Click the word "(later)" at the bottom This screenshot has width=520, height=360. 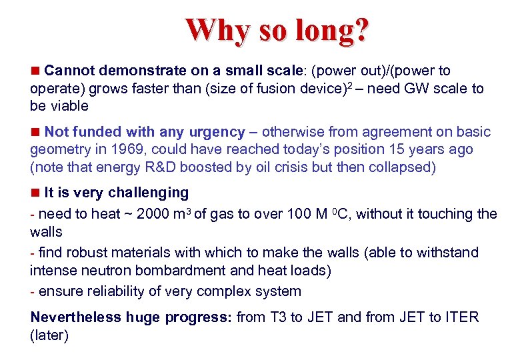(49, 335)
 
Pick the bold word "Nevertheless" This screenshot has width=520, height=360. (75, 317)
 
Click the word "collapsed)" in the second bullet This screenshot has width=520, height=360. (404, 167)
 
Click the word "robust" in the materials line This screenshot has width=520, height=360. (86, 253)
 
